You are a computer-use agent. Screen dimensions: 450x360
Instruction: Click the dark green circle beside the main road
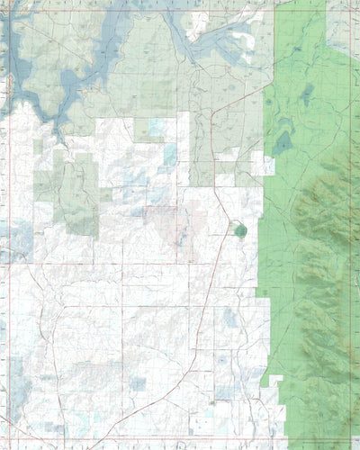pyautogui.click(x=240, y=230)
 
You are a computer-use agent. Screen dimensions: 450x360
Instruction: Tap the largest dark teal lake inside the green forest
pyautogui.click(x=283, y=142)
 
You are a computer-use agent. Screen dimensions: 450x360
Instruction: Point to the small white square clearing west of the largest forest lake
pyautogui.click(x=268, y=166)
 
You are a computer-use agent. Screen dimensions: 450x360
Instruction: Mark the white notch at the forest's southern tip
pyautogui.click(x=274, y=382)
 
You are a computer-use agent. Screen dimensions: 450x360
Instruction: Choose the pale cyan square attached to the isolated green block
pyautogui.click(x=158, y=127)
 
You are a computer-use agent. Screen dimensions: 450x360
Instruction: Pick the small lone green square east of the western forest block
pyautogui.click(x=106, y=193)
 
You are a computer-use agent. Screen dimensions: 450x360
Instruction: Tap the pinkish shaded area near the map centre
pyautogui.click(x=166, y=220)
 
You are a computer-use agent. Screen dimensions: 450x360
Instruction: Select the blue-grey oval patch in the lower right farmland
pyautogui.click(x=230, y=317)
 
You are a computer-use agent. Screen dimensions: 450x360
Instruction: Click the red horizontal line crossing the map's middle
pyautogui.click(x=135, y=264)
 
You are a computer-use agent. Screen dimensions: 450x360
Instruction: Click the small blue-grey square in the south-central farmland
pyautogui.click(x=138, y=384)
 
